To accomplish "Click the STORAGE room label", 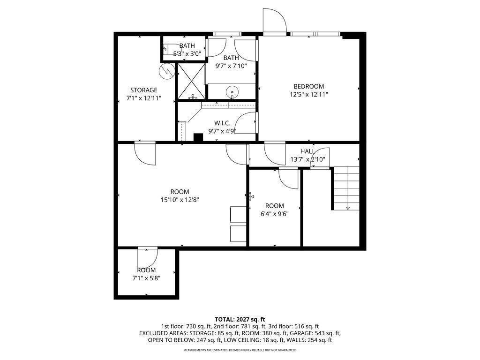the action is tap(144, 90).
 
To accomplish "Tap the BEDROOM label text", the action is tap(308, 86).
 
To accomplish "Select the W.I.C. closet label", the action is tap(222, 123).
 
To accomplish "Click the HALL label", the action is tap(307, 151).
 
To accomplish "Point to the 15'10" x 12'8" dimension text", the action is tap(180, 200).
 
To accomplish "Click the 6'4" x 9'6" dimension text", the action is tap(275, 214).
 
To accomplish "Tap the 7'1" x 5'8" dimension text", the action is tap(146, 278).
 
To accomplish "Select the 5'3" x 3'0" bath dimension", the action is tap(187, 54).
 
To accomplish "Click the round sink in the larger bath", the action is tap(232, 91).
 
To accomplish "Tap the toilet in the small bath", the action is tap(168, 49).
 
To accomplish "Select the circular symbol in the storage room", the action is tap(166, 72).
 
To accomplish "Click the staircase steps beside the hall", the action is tap(346, 188).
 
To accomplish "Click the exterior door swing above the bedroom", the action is tap(275, 20).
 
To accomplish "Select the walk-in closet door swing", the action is tap(247, 123).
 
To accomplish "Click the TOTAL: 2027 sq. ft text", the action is tap(240, 320).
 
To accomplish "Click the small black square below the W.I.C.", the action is tap(198, 138).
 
